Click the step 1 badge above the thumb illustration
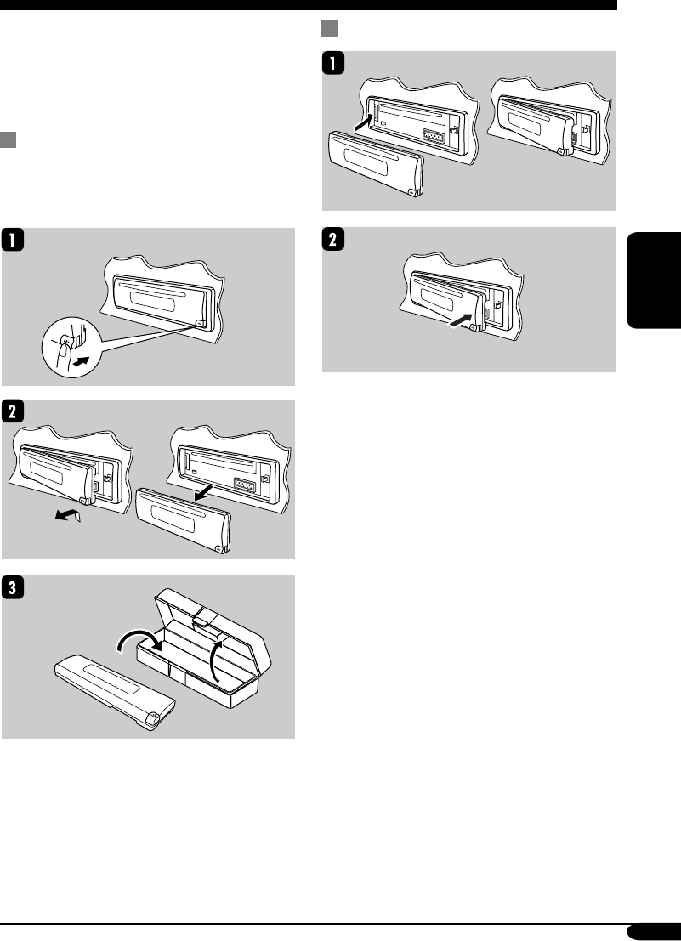(x=13, y=241)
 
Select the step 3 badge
(x=13, y=587)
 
